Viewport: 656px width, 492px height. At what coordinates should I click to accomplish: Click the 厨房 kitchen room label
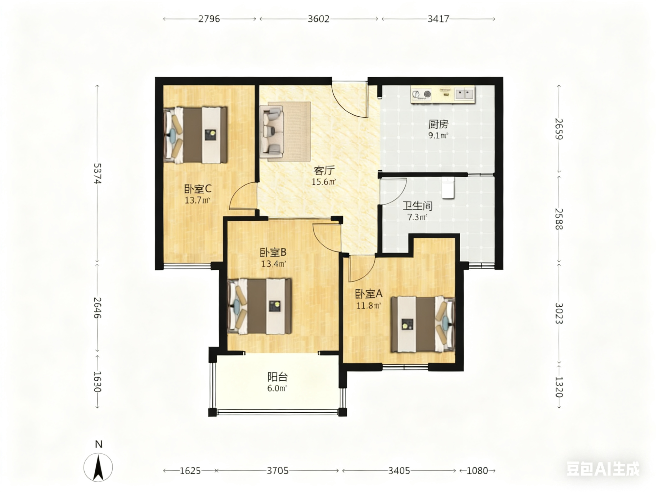pyautogui.click(x=438, y=124)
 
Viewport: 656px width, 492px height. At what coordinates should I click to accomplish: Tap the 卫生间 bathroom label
pyautogui.click(x=417, y=206)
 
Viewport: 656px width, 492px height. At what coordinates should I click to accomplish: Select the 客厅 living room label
pyautogui.click(x=324, y=171)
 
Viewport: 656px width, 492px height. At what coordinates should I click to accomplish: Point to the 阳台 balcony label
pyautogui.click(x=277, y=377)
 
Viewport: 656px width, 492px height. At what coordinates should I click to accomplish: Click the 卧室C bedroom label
pyautogui.click(x=198, y=189)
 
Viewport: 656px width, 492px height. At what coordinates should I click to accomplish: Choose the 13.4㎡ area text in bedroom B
pyautogui.click(x=273, y=264)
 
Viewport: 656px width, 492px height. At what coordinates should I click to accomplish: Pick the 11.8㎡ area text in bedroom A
pyautogui.click(x=368, y=305)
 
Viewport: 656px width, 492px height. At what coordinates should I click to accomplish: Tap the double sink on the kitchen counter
pyautogui.click(x=465, y=94)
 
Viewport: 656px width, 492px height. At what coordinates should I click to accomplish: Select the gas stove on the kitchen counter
pyautogui.click(x=422, y=94)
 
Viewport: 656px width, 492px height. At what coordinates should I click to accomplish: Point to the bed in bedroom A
pyautogui.click(x=423, y=324)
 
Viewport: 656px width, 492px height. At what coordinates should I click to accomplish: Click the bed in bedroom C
pyautogui.click(x=195, y=135)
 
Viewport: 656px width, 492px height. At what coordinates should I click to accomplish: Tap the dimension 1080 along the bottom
pyautogui.click(x=477, y=471)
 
